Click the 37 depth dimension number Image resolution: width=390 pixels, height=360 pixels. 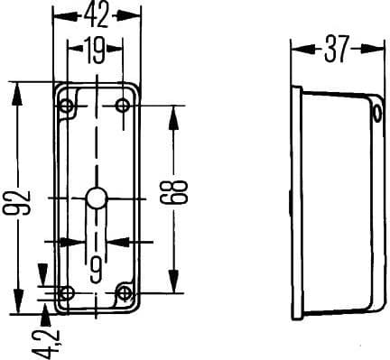click(336, 51)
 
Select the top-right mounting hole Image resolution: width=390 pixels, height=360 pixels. click(124, 106)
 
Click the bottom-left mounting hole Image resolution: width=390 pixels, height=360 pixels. click(66, 292)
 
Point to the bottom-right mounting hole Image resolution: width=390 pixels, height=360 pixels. click(125, 292)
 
